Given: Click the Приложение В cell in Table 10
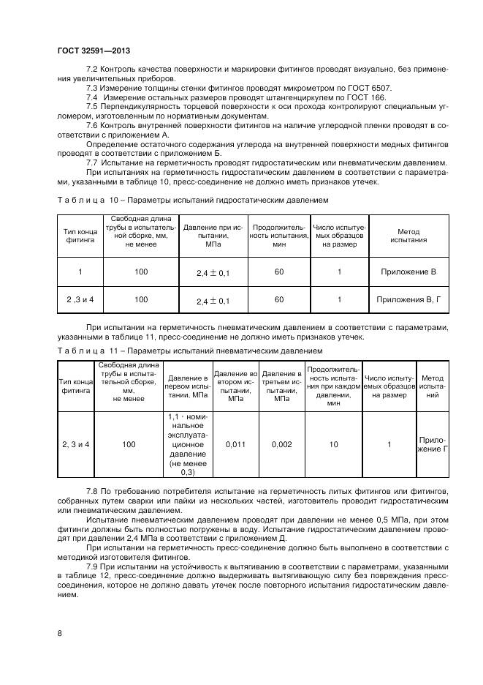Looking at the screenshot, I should (408, 272).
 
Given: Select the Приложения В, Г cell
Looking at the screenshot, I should (408, 299).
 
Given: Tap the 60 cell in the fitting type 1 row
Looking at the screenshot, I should (279, 272).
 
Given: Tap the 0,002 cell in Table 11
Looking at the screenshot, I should (282, 443).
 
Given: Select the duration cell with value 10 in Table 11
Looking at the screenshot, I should (334, 443).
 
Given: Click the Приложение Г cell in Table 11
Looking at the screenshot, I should (433, 444).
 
